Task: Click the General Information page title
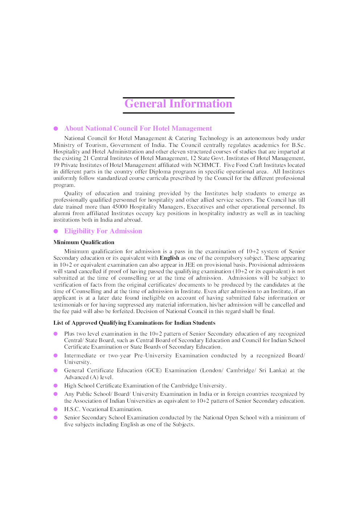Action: click(178, 104)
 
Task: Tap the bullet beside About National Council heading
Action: click(56, 128)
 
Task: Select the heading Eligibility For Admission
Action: click(103, 231)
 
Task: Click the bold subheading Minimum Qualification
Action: click(84, 242)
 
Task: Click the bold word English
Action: click(169, 258)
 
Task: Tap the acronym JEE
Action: click(190, 265)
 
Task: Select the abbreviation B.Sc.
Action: click(298, 145)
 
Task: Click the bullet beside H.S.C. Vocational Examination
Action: click(56, 409)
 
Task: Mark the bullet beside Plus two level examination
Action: click(56, 334)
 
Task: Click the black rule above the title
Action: click(179, 98)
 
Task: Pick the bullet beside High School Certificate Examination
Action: click(56, 386)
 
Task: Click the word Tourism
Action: click(96, 145)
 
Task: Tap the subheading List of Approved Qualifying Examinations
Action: click(134, 323)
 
